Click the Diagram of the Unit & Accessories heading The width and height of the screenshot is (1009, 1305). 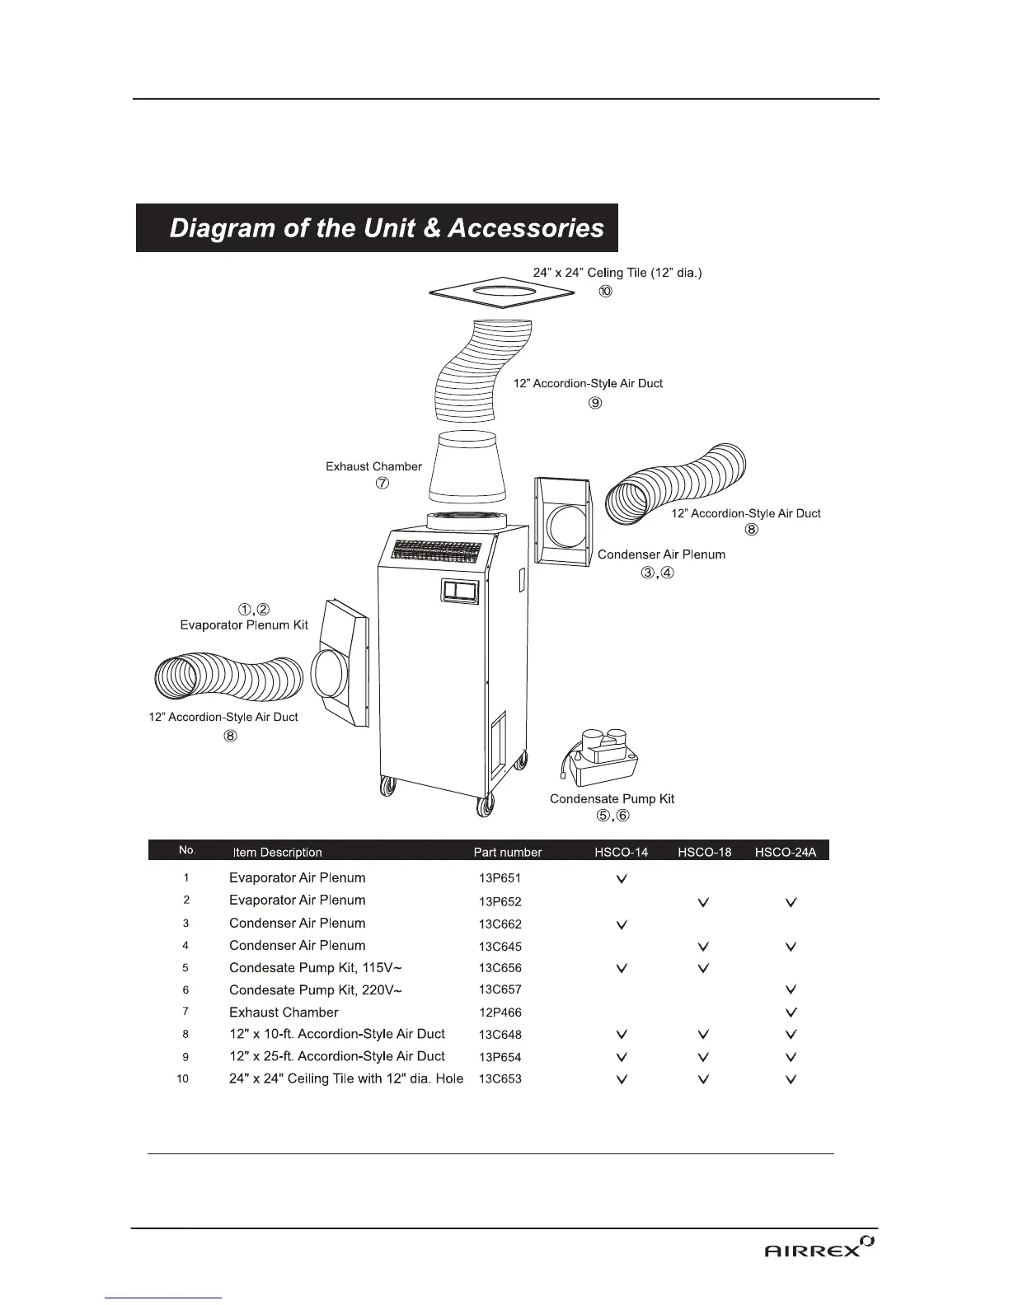[386, 228]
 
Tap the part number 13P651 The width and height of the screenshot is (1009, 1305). [500, 878]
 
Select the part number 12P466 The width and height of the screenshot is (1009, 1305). [500, 1013]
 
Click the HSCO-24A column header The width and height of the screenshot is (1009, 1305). [785, 852]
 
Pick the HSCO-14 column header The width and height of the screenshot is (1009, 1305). [621, 852]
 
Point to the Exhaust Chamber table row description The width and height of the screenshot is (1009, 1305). [284, 1012]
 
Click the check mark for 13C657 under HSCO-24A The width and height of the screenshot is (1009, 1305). [791, 989]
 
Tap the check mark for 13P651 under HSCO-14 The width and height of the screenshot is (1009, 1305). [622, 879]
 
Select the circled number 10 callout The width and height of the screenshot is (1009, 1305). [606, 292]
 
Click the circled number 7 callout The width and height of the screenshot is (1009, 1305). [382, 484]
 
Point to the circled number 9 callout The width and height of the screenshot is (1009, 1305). [595, 403]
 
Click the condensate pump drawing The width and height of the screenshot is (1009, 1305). [601, 755]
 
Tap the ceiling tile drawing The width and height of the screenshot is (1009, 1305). [502, 292]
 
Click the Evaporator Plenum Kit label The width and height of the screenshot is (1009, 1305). [244, 625]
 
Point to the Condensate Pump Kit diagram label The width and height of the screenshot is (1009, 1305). [612, 798]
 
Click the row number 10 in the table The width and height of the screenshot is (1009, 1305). [184, 1078]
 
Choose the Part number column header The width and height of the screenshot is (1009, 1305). [508, 852]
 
